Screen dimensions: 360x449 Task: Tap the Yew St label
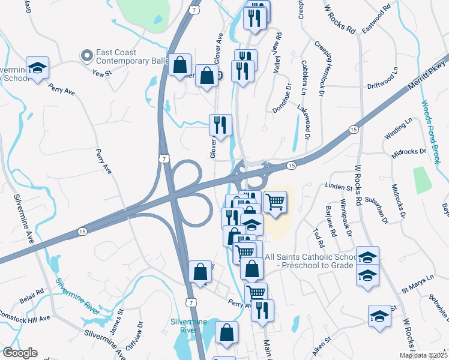(x=103, y=73)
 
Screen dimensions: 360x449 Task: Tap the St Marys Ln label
(x=417, y=280)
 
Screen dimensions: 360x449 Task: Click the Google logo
(x=20, y=353)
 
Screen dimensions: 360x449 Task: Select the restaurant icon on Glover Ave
(x=220, y=125)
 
